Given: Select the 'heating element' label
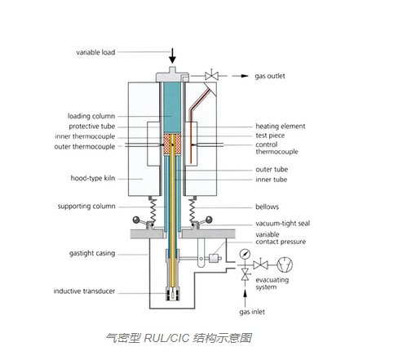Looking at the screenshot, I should point(279,127).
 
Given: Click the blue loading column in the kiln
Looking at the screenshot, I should point(174,106).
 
